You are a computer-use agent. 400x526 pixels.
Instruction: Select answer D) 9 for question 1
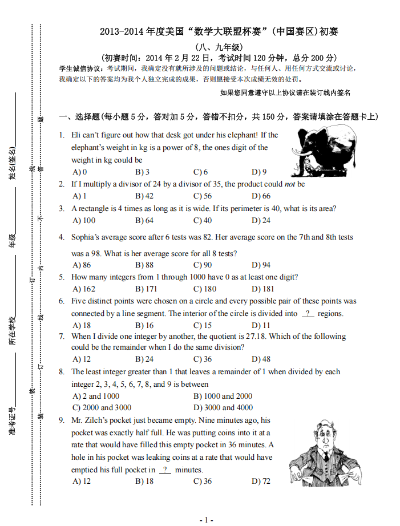tap(258, 172)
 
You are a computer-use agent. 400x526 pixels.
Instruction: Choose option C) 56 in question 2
tap(203, 196)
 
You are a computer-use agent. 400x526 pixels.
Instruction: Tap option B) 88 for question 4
tap(144, 265)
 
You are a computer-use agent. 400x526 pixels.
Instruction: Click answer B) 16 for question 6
tap(144, 325)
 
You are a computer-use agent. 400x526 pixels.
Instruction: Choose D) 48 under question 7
tap(261, 359)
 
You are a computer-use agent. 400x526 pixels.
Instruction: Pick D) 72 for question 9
tap(261, 482)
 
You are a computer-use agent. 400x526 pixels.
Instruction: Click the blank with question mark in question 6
tap(308, 313)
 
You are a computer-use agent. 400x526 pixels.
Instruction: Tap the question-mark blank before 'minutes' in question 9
tap(165, 470)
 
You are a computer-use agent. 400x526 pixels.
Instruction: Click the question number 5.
tap(62, 277)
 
